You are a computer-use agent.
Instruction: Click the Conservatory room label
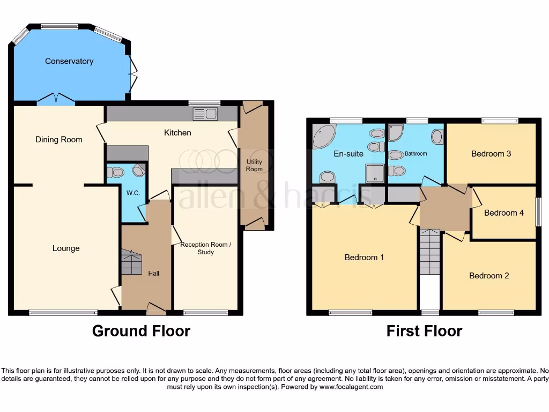click(69, 61)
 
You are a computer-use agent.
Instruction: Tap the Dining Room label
click(59, 139)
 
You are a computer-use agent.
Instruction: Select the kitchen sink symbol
click(205, 113)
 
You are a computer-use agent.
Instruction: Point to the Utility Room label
click(254, 165)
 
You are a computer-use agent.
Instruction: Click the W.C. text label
click(133, 193)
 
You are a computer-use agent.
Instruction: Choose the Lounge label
click(66, 248)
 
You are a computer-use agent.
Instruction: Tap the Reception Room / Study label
click(205, 248)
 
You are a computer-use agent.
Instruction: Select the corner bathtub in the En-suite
click(323, 136)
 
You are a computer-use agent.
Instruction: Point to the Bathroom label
click(416, 154)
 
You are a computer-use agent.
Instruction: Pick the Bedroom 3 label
click(491, 154)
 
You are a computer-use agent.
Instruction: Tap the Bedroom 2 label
click(489, 276)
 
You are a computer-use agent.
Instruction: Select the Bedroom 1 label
click(364, 257)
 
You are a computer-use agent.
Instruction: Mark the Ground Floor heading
click(141, 331)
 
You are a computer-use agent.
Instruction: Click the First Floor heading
click(424, 331)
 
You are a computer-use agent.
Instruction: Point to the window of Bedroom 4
click(538, 212)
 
